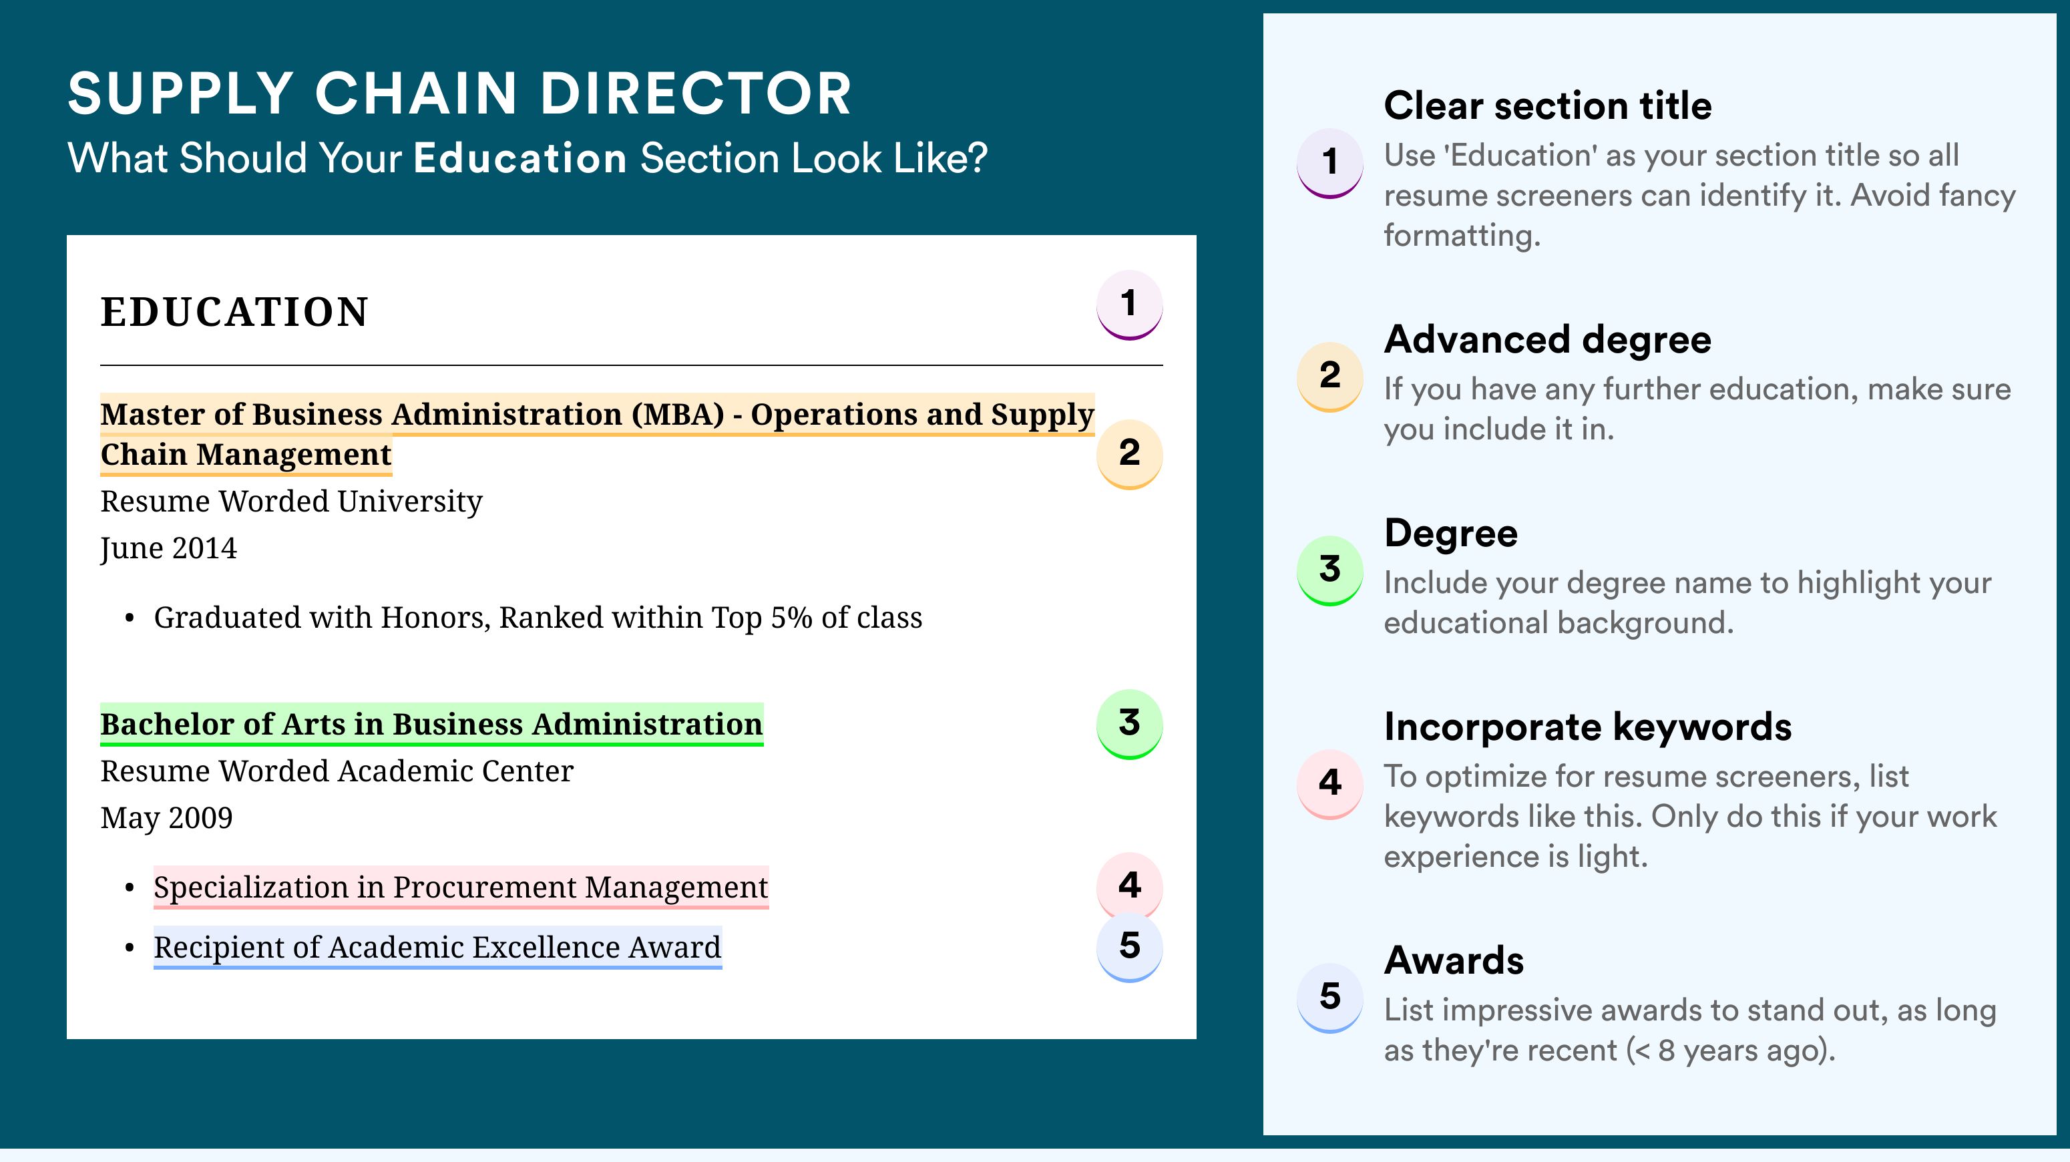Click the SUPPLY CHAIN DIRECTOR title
click(x=459, y=93)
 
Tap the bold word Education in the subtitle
click(x=520, y=158)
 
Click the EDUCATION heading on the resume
click(x=234, y=312)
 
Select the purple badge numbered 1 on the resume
click(x=1129, y=305)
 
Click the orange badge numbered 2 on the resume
click(x=1129, y=454)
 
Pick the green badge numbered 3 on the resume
click(x=1129, y=724)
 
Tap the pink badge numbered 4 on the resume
click(x=1129, y=886)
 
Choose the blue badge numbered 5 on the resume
click(x=1129, y=947)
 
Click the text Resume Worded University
click(x=291, y=502)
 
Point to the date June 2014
click(x=169, y=549)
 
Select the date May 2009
click(x=166, y=818)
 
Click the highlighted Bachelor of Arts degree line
click(x=431, y=725)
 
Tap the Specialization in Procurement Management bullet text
click(x=461, y=887)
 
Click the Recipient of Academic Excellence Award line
click(x=437, y=948)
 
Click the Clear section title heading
click(x=1548, y=106)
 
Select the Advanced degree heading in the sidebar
click(x=1548, y=340)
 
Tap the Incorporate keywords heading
click(x=1588, y=727)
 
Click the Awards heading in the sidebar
click(x=1454, y=960)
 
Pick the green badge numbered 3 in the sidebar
click(x=1330, y=570)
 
